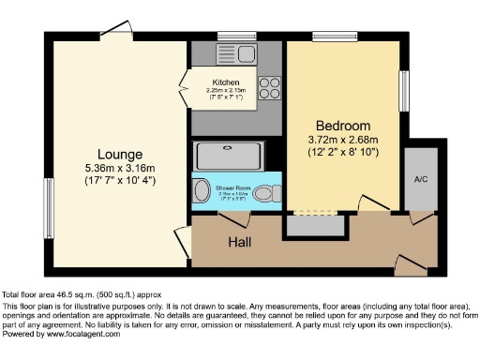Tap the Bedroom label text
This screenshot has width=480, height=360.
[343, 126]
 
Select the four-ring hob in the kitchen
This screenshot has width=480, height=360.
[269, 87]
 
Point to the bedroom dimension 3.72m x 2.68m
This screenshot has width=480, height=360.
[343, 140]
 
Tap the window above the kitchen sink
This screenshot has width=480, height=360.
[230, 37]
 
